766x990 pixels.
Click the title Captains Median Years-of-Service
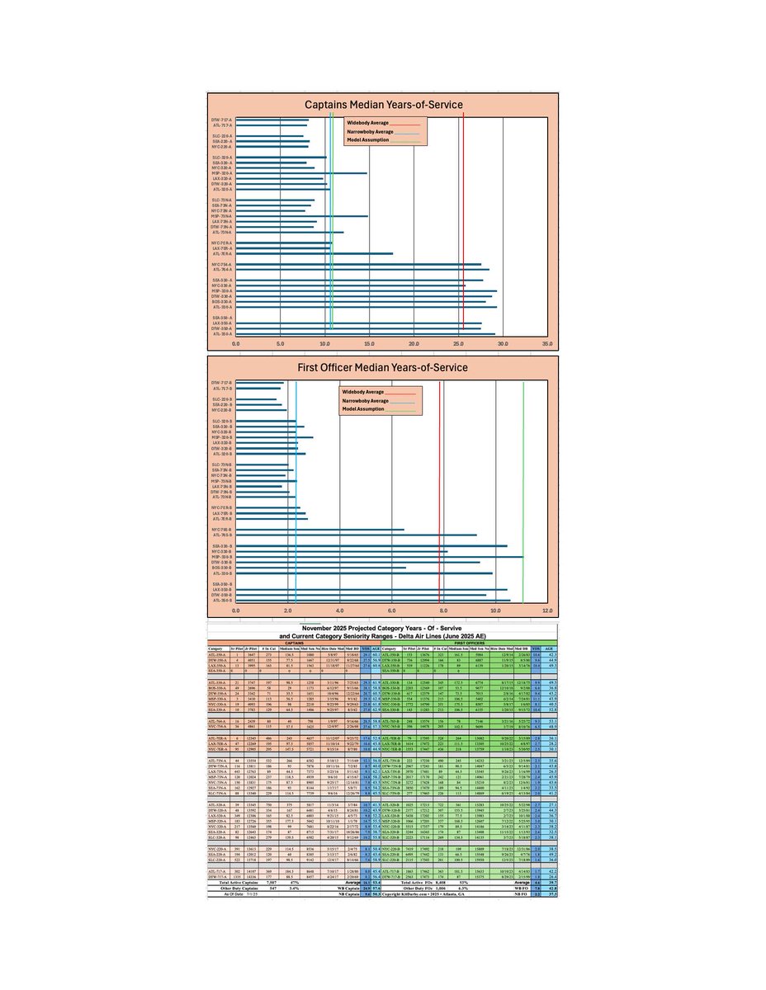click(x=383, y=104)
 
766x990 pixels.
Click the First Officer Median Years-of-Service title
click(x=383, y=366)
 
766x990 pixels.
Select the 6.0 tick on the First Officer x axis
click(x=391, y=610)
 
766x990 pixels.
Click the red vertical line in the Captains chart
click(x=464, y=223)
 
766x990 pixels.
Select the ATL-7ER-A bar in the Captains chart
click(x=314, y=254)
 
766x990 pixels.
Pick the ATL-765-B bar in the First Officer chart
click(x=356, y=535)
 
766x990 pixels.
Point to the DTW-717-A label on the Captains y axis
click(x=220, y=120)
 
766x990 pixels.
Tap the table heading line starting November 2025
click(x=382, y=628)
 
